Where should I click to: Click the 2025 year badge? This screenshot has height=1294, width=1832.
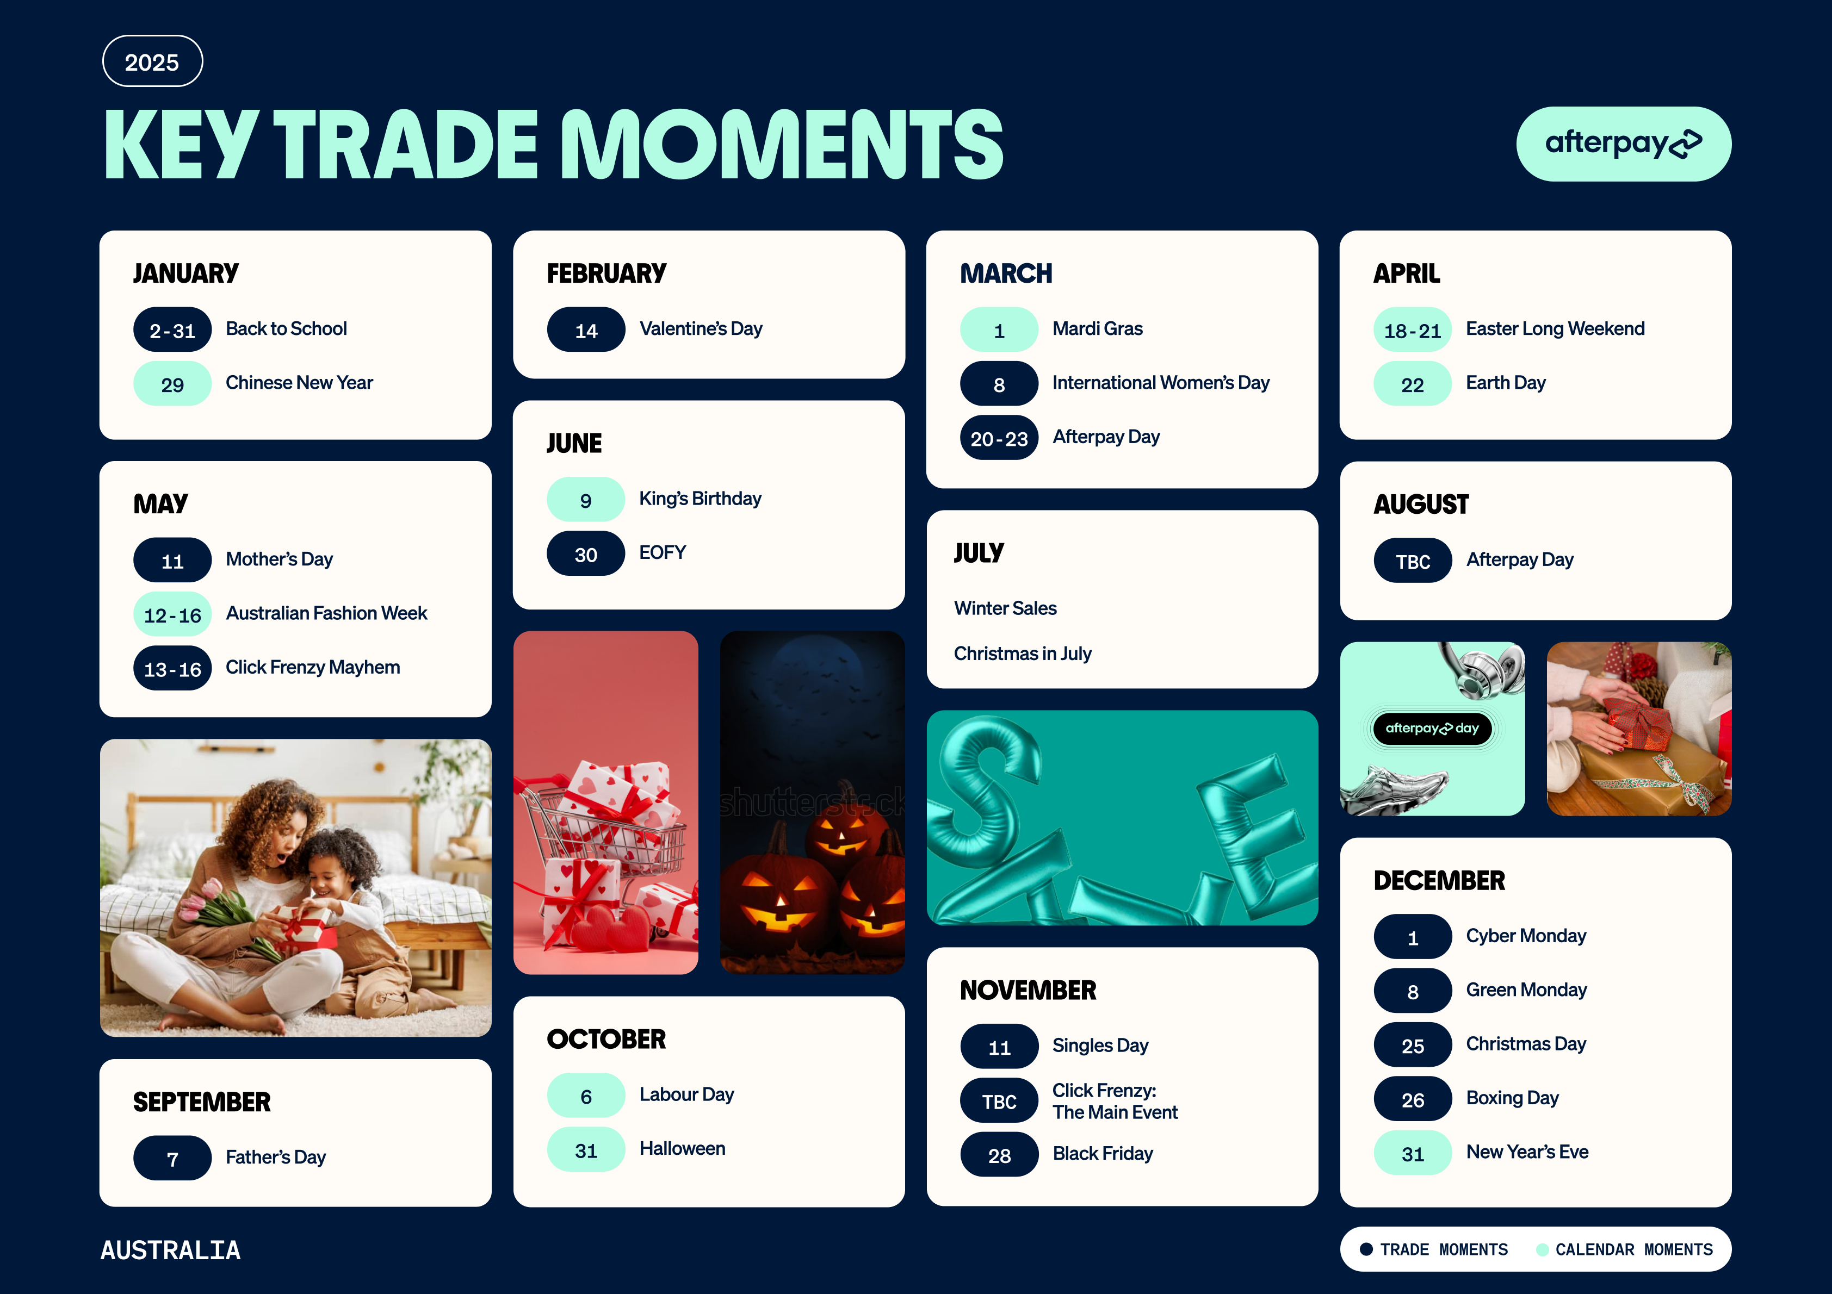point(152,61)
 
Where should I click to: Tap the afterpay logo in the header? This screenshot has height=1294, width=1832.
point(1623,144)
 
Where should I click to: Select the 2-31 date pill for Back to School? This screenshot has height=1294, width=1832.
point(172,329)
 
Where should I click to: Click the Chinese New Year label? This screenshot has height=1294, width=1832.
point(299,383)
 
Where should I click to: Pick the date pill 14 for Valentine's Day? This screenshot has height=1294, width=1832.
point(586,329)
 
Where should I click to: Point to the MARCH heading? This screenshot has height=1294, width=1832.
point(1006,273)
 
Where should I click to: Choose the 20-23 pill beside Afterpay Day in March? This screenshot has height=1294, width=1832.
point(999,438)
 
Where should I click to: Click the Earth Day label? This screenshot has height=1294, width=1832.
point(1506,383)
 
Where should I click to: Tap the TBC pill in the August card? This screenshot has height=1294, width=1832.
point(1412,561)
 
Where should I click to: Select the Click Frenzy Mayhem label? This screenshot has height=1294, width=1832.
point(313,668)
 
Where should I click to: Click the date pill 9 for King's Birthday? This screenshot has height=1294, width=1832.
point(586,500)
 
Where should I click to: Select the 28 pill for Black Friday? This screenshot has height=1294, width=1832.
point(999,1154)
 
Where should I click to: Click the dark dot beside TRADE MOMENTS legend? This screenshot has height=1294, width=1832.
point(1366,1249)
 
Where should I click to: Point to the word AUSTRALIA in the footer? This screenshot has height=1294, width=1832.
point(170,1250)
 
